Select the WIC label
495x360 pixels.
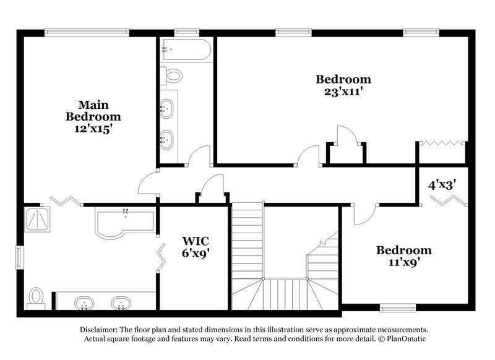coord(194,240)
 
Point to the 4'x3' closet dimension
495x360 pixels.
coord(442,184)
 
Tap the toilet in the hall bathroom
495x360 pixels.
coord(173,76)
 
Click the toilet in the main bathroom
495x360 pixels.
coord(37,297)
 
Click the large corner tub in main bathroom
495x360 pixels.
coord(124,221)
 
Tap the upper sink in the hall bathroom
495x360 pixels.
coord(166,109)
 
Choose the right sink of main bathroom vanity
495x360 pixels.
coord(121,303)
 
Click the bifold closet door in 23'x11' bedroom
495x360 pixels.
coord(441,144)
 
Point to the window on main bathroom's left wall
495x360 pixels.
coord(19,257)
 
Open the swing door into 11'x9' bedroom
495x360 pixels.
coord(364,214)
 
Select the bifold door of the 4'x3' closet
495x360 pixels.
coord(450,201)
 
